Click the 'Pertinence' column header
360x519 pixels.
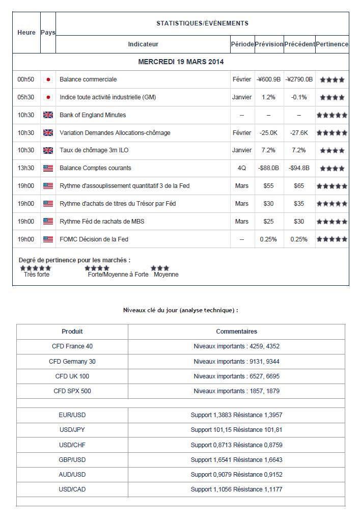click(332, 44)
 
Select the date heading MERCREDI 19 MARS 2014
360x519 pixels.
click(181, 62)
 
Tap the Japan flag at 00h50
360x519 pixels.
click(48, 79)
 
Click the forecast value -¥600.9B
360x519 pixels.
click(268, 79)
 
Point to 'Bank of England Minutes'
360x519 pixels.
click(93, 115)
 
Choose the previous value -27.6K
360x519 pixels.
click(299, 133)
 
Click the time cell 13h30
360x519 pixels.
click(25, 168)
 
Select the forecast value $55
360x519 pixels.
click(268, 186)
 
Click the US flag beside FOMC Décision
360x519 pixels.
click(48, 239)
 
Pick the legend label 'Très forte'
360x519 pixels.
click(37, 275)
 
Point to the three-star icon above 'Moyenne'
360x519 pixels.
click(160, 268)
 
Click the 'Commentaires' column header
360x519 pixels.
click(236, 332)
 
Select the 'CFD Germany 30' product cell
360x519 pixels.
click(72, 362)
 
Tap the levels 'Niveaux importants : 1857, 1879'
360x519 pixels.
click(236, 391)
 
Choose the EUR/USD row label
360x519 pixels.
click(72, 416)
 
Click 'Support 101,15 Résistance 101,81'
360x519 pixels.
click(236, 430)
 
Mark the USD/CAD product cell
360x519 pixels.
click(72, 489)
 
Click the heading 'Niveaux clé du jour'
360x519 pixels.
click(180, 310)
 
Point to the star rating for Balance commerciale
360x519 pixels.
click(332, 80)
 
